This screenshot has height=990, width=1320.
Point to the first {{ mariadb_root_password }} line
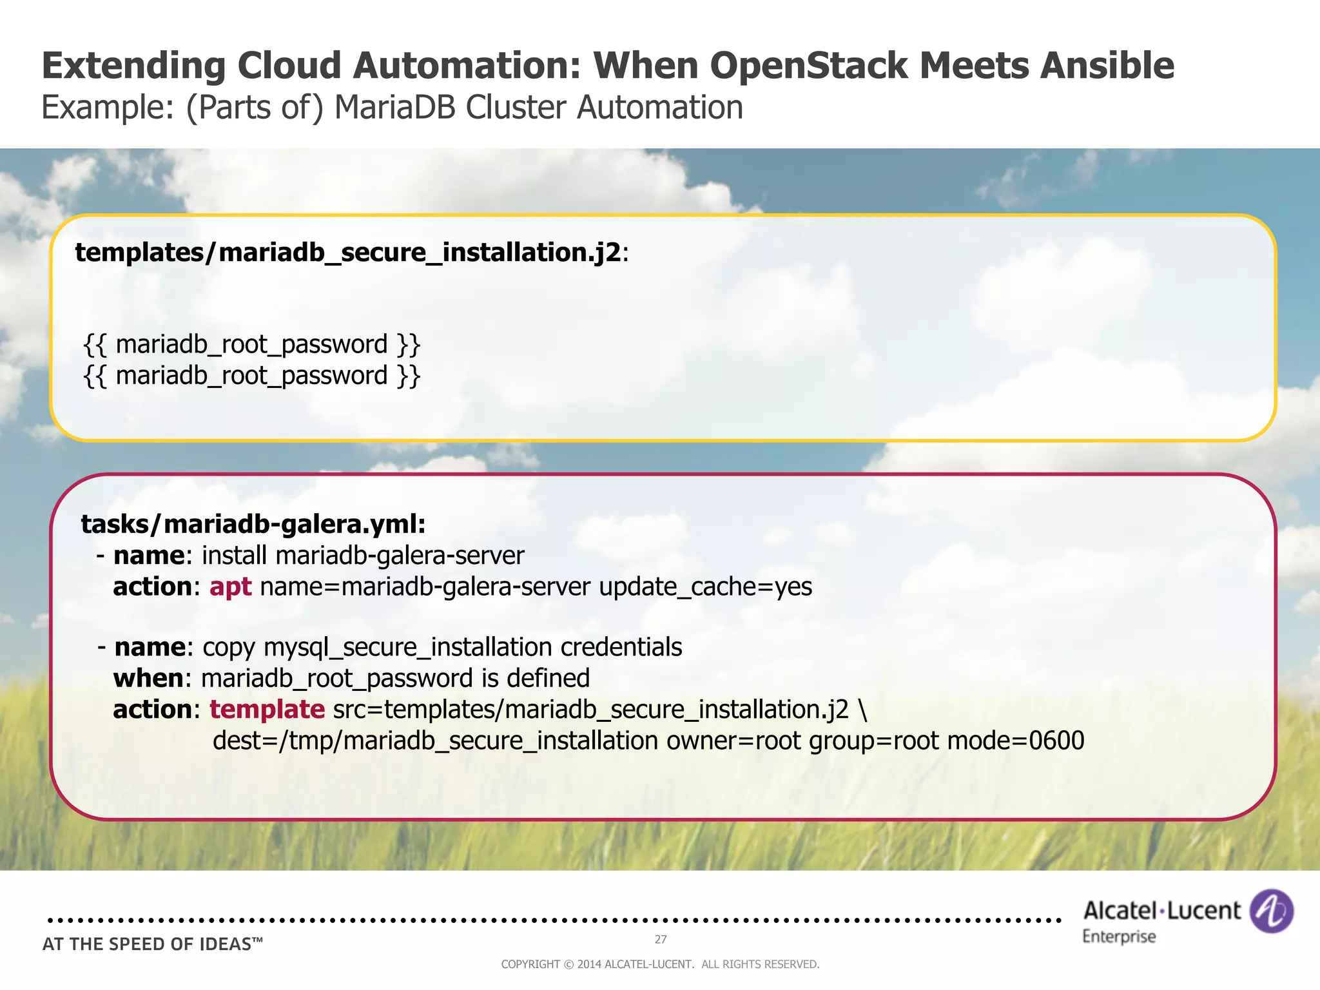252,344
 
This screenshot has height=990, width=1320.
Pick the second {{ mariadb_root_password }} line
252,375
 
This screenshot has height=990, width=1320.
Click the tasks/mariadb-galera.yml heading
253,524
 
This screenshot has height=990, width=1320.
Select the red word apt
230,587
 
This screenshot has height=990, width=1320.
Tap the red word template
267,709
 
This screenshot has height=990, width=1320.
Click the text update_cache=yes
705,587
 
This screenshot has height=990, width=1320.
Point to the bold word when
148,678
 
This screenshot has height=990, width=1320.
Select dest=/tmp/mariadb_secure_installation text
435,741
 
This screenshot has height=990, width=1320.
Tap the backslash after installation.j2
862,709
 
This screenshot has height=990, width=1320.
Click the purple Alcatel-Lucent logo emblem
1271,911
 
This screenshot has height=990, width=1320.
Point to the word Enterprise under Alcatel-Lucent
1119,937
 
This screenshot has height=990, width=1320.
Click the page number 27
661,939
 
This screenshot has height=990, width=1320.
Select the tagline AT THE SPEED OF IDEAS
153,944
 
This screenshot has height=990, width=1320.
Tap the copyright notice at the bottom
660,964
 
